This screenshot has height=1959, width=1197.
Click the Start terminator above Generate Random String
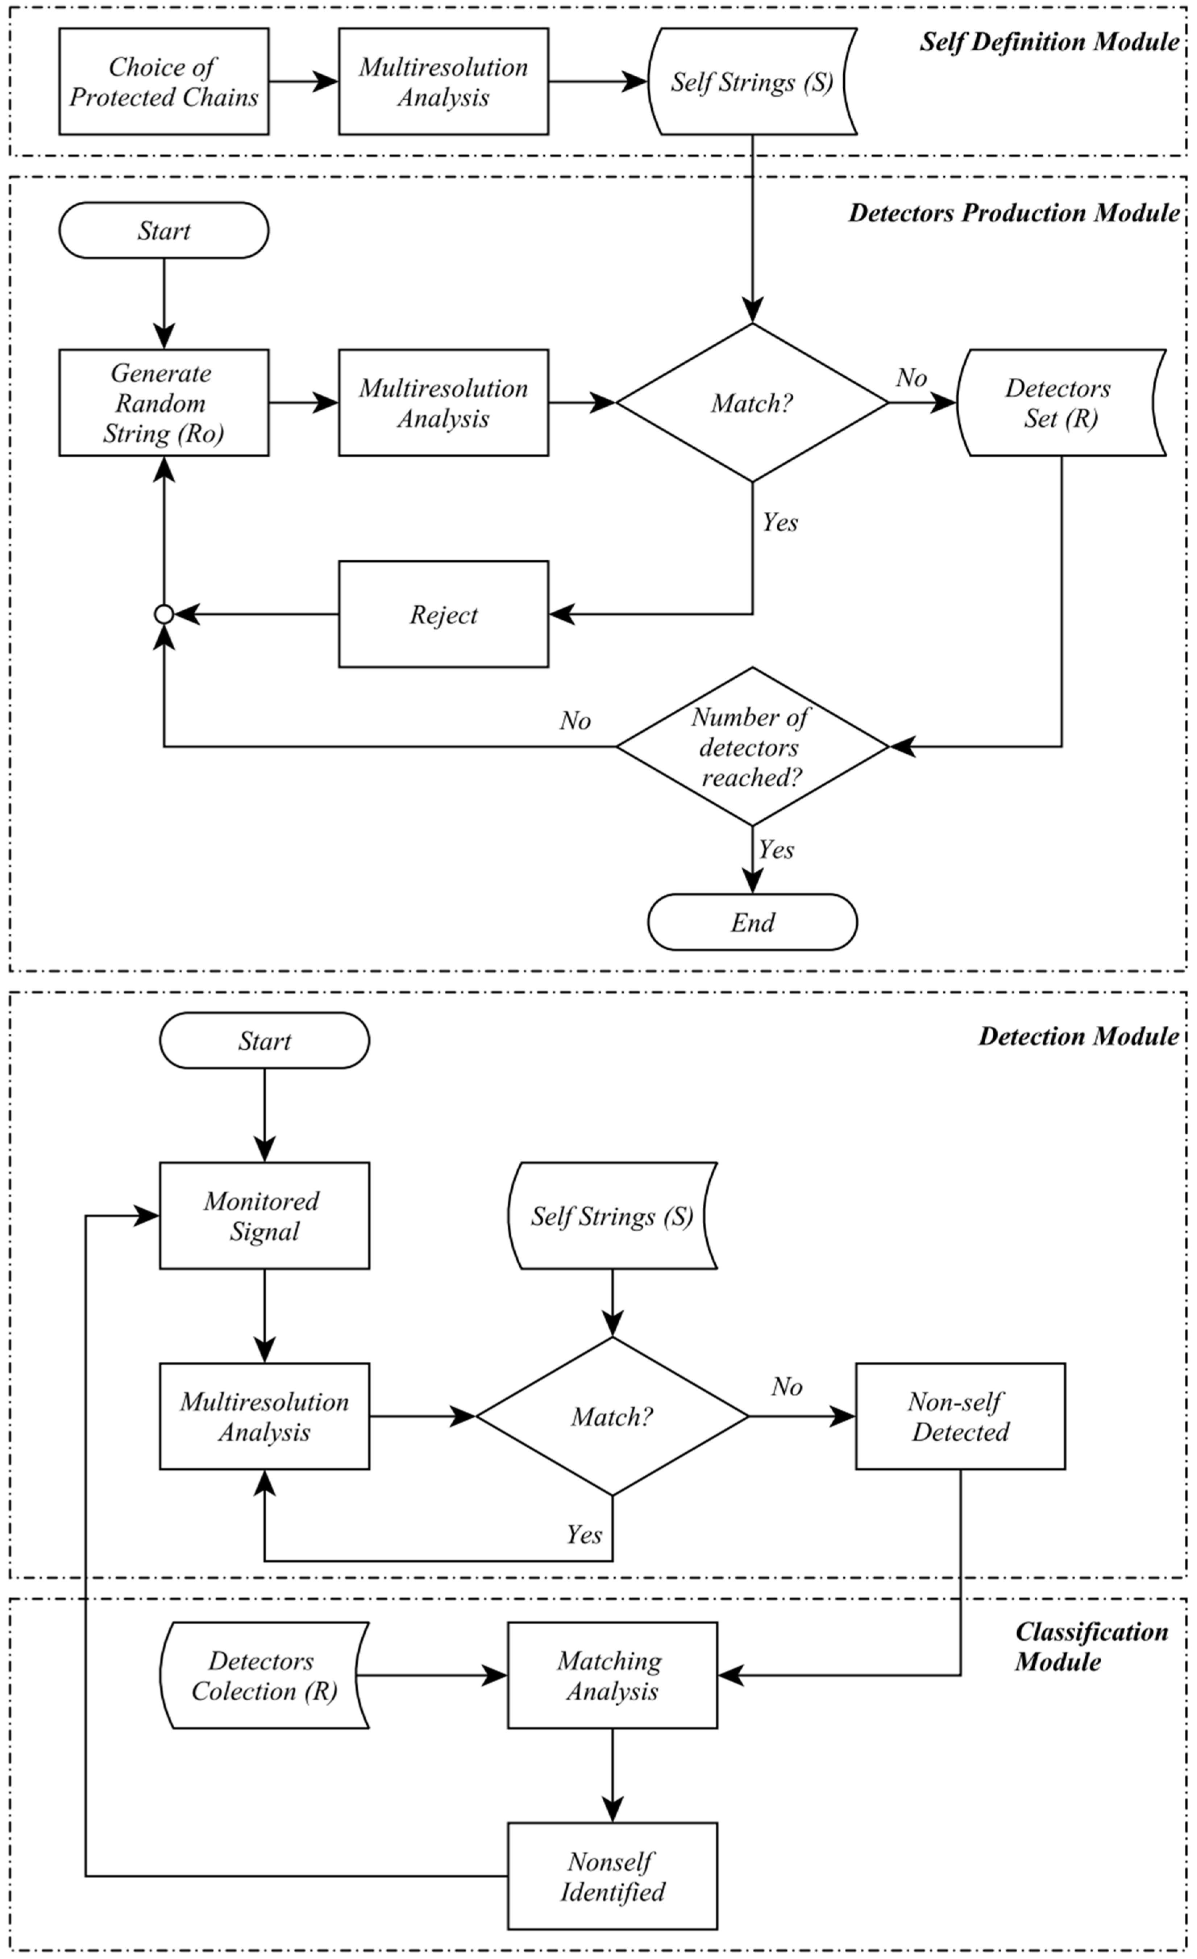[x=164, y=231]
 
